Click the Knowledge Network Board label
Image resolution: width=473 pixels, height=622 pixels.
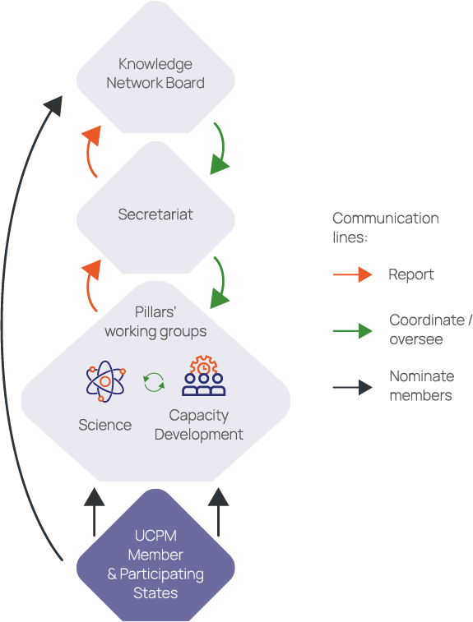pyautogui.click(x=155, y=73)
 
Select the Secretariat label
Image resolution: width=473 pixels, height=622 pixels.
pyautogui.click(x=155, y=215)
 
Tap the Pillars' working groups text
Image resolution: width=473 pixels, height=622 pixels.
pyautogui.click(x=155, y=322)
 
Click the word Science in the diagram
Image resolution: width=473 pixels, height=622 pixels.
pyautogui.click(x=104, y=425)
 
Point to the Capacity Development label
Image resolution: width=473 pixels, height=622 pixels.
pyautogui.click(x=199, y=425)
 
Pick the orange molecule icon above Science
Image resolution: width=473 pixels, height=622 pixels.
pyautogui.click(x=106, y=382)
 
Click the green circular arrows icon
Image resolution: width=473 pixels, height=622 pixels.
pyautogui.click(x=154, y=381)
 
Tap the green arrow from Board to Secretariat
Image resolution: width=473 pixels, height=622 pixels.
pyautogui.click(x=220, y=150)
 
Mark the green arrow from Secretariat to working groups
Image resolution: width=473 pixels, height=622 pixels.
pyautogui.click(x=220, y=283)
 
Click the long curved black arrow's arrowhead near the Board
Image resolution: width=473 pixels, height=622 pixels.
pyautogui.click(x=53, y=104)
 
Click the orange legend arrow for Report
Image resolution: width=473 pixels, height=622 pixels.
pyautogui.click(x=353, y=275)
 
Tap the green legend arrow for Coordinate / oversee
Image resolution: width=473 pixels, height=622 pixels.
pyautogui.click(x=353, y=331)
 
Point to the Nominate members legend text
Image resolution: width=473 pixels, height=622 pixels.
pyautogui.click(x=420, y=385)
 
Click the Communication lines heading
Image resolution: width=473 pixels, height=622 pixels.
pyautogui.click(x=385, y=227)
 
